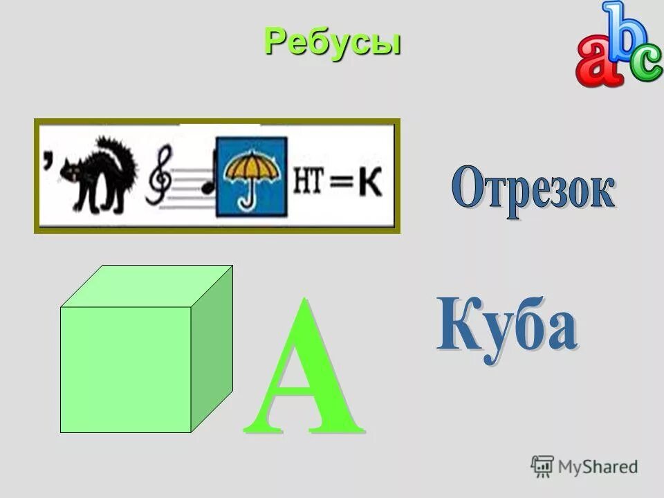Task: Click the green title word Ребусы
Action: pos(333,43)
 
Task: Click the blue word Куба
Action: pos(506,325)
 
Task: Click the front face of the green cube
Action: pos(125,369)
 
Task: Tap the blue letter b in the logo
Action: pos(617,31)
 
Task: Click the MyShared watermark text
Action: pos(598,466)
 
